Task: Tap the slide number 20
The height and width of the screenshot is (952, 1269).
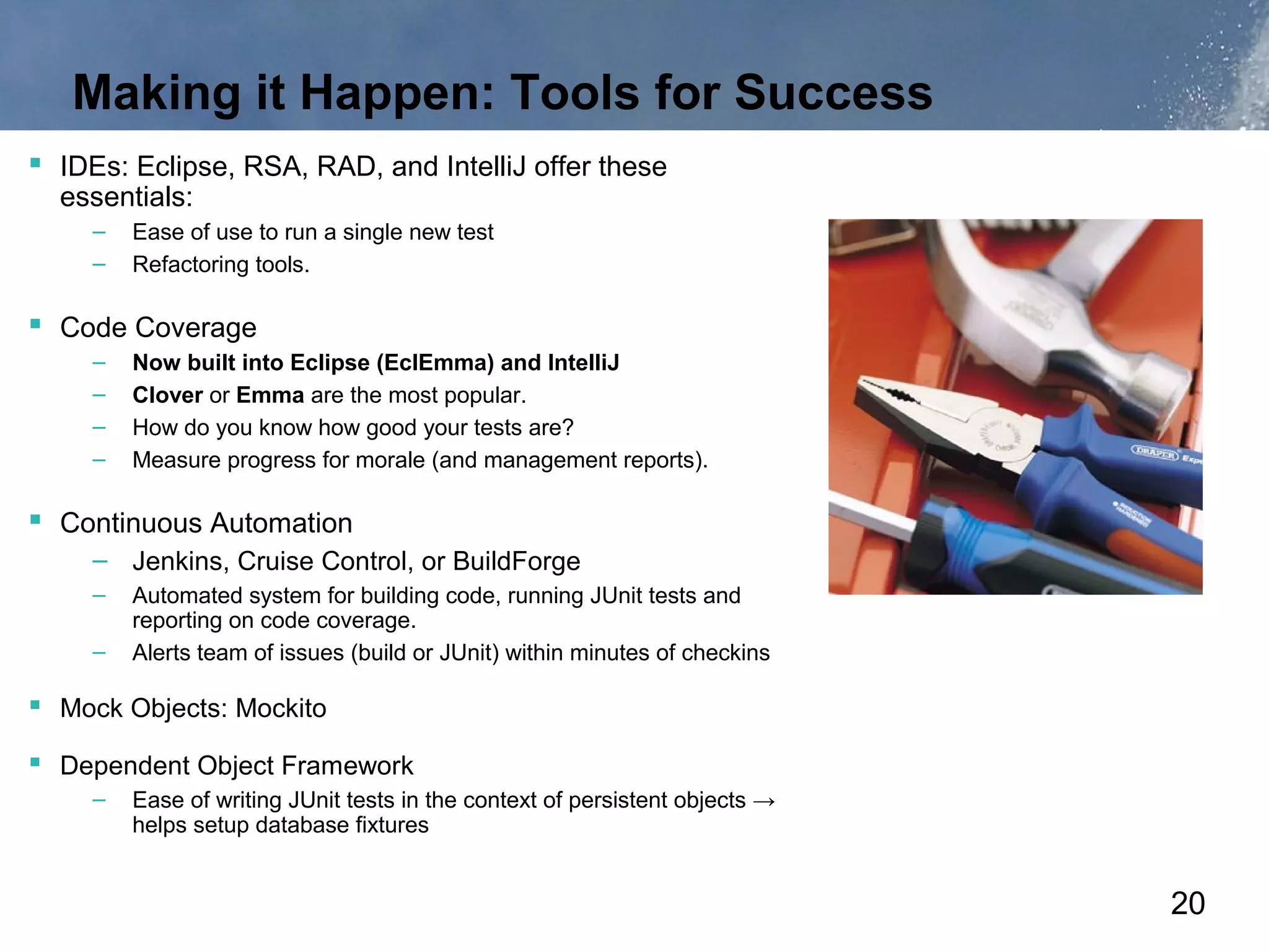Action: click(x=1187, y=903)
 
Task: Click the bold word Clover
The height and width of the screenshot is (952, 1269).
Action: click(x=167, y=395)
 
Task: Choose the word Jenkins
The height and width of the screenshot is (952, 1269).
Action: click(x=177, y=562)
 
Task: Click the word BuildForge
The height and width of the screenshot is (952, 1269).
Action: click(x=516, y=562)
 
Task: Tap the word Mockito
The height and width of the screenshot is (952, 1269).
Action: click(x=281, y=708)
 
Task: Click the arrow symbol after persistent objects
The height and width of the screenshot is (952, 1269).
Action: click(x=764, y=801)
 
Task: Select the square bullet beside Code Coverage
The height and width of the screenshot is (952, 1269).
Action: click(x=35, y=324)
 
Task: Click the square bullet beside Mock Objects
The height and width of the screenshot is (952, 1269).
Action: click(x=35, y=705)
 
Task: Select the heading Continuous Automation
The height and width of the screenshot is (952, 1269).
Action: click(x=206, y=524)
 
